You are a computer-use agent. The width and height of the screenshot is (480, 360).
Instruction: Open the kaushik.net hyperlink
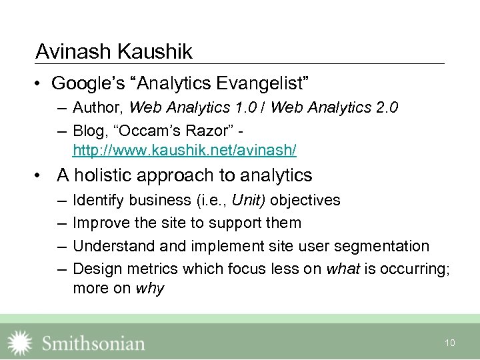tap(185, 151)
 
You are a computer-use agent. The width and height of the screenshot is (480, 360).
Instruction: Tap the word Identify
tap(98, 200)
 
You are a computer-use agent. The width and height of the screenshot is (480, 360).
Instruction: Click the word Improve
tap(99, 223)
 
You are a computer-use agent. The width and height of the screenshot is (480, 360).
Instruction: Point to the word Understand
tap(114, 246)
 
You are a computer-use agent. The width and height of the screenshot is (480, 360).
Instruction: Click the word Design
tap(95, 269)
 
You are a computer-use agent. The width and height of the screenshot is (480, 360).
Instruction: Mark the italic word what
tap(341, 269)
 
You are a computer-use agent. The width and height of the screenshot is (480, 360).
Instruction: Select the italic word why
tap(149, 289)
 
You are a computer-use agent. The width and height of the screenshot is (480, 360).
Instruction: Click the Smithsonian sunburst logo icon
tap(19, 342)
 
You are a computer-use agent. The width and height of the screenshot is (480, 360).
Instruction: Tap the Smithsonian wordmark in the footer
tap(93, 343)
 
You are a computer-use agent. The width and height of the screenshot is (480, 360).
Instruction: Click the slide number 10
tap(450, 343)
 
